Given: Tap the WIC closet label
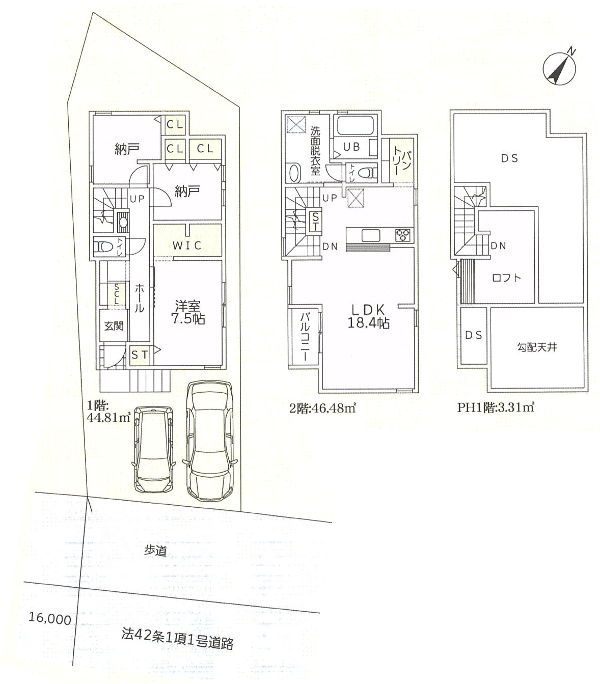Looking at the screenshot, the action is point(187,245).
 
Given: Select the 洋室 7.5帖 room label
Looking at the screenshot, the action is point(188,312).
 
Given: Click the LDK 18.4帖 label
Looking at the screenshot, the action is point(368,316).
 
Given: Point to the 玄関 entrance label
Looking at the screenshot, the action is point(114,326).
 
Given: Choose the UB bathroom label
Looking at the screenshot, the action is point(351,147).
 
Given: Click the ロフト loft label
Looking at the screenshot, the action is point(506,278).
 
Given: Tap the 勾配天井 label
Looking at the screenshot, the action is point(536,347).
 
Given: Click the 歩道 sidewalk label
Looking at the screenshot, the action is point(156,551).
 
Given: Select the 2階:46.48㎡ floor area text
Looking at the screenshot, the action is point(323,408).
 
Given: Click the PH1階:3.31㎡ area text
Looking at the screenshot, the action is point(496,407).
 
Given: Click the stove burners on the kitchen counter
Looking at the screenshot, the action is point(403,235).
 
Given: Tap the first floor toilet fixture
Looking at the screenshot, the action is point(104,247).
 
